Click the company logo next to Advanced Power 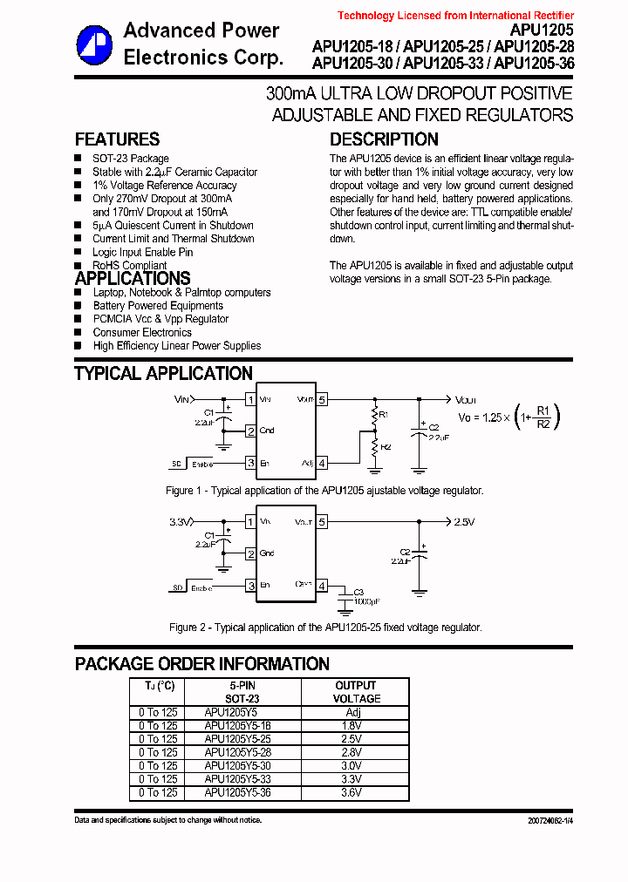(93, 44)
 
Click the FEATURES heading (117, 139)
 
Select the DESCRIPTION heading (384, 139)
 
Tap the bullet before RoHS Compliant (78, 265)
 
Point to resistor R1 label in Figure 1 (384, 415)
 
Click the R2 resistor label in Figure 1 (386, 446)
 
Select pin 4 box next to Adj (322, 463)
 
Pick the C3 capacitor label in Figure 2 (358, 592)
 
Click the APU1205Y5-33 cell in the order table (237, 779)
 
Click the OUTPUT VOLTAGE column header (356, 692)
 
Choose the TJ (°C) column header (159, 686)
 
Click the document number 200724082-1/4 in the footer (550, 821)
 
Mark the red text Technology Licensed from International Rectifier (455, 16)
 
